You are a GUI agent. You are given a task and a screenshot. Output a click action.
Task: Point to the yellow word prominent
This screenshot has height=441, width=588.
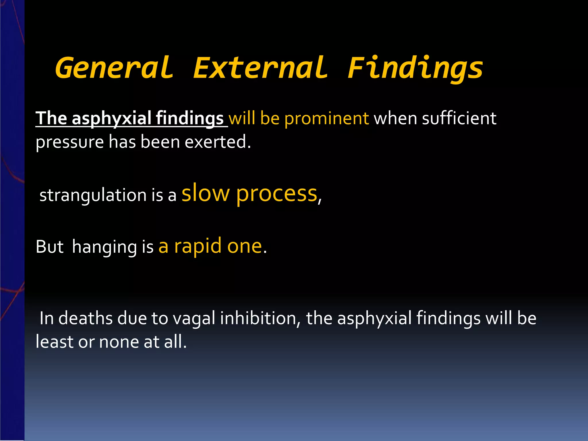(326, 118)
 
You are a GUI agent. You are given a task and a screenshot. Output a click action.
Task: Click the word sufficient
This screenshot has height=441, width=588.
(459, 118)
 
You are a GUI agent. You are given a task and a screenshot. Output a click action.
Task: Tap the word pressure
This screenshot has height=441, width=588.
(69, 142)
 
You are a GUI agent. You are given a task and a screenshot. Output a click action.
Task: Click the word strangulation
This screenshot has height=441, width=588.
(93, 195)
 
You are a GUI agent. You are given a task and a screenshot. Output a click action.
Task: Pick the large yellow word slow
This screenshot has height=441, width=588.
(206, 193)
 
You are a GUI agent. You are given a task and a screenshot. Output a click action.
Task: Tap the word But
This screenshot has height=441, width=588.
(49, 247)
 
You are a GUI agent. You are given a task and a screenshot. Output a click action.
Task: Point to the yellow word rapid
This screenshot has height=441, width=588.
(198, 246)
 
